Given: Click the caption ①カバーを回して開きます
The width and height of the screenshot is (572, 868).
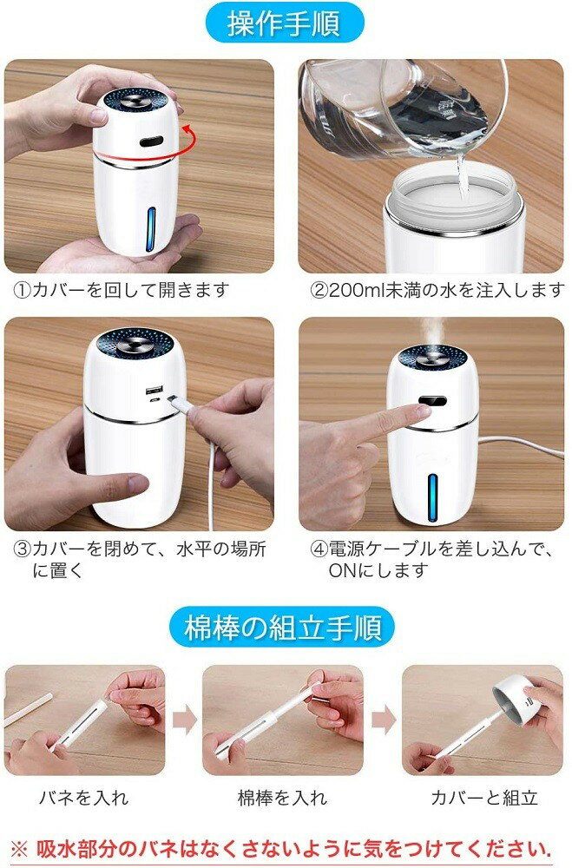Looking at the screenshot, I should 122,290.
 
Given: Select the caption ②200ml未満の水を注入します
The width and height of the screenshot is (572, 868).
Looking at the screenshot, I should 437,290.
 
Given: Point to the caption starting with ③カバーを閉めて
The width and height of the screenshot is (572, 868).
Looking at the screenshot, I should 139,559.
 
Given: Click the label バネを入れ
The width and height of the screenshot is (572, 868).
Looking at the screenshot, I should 83,798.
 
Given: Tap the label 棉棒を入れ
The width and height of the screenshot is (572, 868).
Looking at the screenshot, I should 283,798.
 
